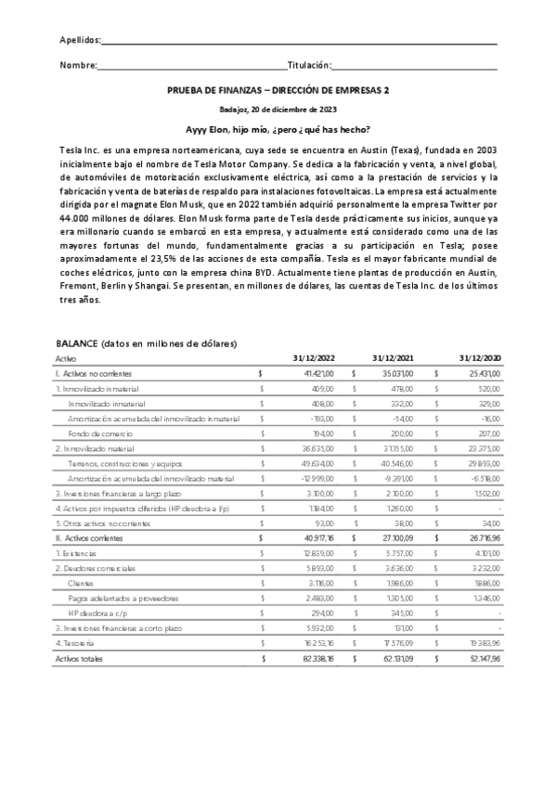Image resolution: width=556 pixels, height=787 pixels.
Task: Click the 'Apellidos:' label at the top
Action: click(x=80, y=41)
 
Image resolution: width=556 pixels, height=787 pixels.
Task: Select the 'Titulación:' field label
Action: click(x=309, y=66)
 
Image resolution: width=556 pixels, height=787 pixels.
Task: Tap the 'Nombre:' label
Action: click(x=78, y=66)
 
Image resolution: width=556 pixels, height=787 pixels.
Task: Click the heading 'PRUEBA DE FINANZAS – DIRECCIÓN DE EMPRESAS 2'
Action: click(x=278, y=91)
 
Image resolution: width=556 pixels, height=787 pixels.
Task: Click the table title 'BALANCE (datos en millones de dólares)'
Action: click(x=146, y=343)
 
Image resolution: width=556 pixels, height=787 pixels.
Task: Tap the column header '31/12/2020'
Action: click(x=479, y=357)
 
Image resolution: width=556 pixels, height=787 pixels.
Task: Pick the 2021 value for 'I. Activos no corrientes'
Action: click(x=395, y=372)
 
